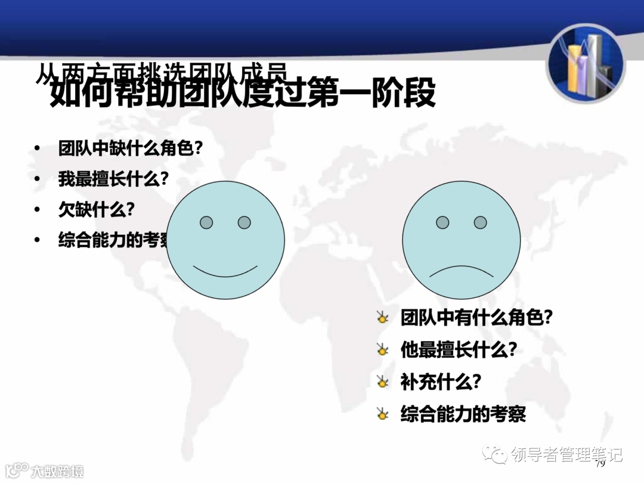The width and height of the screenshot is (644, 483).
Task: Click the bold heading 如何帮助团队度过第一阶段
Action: tap(242, 94)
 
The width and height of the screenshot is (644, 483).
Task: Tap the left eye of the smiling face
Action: tap(206, 222)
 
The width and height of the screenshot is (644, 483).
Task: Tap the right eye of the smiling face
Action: tap(244, 222)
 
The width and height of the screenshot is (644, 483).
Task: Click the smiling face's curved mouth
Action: tap(225, 271)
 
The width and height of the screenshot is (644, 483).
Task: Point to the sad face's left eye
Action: tap(442, 222)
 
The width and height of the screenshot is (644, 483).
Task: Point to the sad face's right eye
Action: tap(481, 222)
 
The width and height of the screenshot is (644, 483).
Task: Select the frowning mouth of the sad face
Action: tap(462, 272)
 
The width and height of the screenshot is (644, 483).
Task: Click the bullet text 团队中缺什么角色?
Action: tap(130, 148)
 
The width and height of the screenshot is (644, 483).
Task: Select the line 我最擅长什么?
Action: tap(113, 178)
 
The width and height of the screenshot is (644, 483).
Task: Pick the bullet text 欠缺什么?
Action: tap(96, 209)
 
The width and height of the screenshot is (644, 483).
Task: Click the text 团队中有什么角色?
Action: tap(476, 317)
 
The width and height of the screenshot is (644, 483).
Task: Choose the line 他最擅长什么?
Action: tap(458, 350)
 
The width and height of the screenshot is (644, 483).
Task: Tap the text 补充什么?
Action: tap(441, 382)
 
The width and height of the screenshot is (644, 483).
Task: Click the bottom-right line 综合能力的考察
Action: tap(463, 414)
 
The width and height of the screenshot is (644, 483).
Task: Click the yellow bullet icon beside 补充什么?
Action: tap(382, 382)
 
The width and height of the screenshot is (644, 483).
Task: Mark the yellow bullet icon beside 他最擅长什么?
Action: tap(382, 350)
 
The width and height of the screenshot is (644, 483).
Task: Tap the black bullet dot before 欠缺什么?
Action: tap(38, 210)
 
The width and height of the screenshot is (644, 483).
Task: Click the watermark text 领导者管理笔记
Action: tap(566, 454)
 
